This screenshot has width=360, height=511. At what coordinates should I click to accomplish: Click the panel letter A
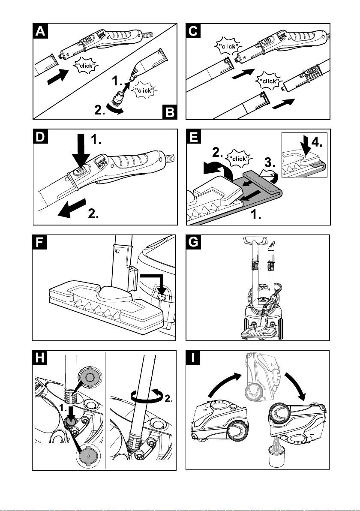(x=40, y=31)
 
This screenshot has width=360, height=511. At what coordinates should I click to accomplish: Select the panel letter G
(x=193, y=242)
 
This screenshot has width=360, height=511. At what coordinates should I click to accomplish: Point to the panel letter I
(x=193, y=358)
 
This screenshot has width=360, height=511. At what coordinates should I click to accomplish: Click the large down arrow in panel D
(x=81, y=151)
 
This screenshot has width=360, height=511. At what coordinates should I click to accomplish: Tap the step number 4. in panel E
(x=316, y=142)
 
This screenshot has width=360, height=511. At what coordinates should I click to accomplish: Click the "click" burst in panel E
(x=238, y=158)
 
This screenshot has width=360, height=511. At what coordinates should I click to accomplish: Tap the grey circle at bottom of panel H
(x=87, y=455)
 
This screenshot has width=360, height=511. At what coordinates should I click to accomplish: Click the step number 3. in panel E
(x=270, y=162)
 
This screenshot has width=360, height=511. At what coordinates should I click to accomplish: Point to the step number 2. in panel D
(x=93, y=214)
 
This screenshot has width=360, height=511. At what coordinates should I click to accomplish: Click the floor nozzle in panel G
(x=260, y=334)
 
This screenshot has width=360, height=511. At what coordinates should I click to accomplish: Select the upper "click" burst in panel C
(x=228, y=47)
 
